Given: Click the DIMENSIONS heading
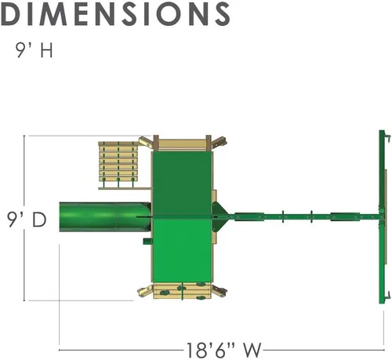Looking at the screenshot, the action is coord(114,13).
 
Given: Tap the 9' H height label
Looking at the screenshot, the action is coord(34,50).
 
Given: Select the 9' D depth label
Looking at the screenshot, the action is coord(27,220).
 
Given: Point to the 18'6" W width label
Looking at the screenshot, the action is coord(223,350).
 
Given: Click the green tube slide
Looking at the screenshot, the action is coord(105,216).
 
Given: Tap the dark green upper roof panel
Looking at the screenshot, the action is coord(182,183).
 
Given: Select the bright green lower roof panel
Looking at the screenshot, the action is coord(182,250).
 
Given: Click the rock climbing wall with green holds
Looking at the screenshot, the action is coord(182,291).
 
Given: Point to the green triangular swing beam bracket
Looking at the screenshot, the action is coord(219,216).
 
